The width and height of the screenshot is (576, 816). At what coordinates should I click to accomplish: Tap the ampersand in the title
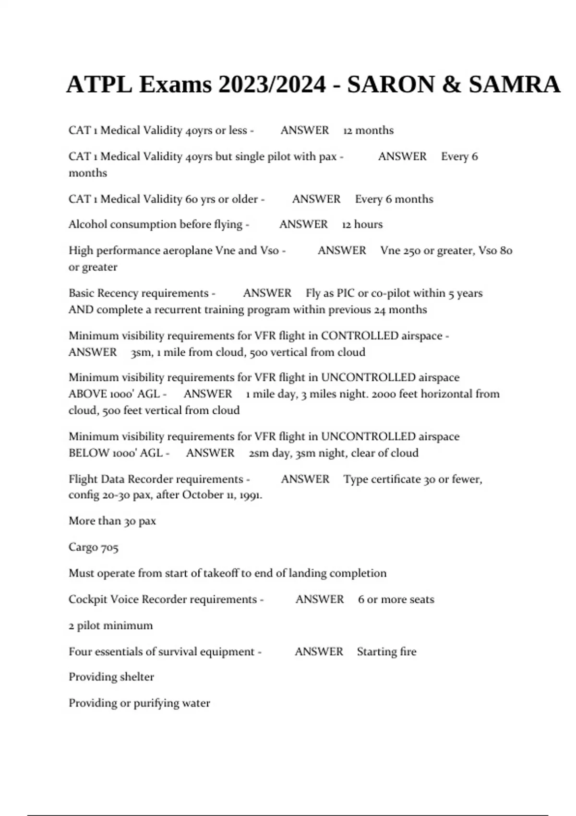coord(451,85)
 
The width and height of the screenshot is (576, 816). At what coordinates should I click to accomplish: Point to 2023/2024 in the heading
coord(272,85)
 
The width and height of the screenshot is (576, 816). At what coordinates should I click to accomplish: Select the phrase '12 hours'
coord(362,224)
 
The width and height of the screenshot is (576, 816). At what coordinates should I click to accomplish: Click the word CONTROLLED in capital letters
coord(360,336)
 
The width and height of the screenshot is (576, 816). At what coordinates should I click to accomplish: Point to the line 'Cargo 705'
coord(93,547)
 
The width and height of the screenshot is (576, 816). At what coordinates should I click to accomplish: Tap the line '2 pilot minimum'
coord(110,625)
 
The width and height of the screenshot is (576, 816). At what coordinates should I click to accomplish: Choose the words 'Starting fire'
coord(386,652)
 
